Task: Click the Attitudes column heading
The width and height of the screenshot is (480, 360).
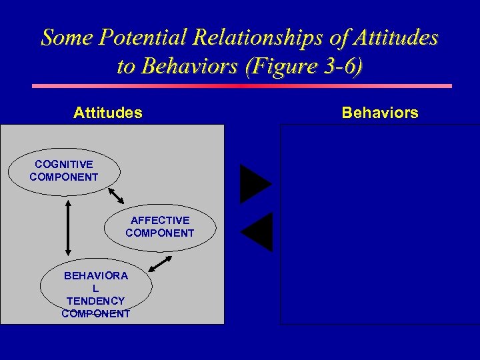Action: (107, 113)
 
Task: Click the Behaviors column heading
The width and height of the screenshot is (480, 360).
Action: (380, 113)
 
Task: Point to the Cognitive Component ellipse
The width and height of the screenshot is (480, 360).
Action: (64, 171)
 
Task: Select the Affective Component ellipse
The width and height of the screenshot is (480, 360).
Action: (160, 227)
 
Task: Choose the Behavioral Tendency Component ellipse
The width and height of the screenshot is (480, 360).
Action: (96, 289)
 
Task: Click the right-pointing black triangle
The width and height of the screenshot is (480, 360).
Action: (255, 184)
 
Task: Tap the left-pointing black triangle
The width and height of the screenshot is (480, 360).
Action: (258, 231)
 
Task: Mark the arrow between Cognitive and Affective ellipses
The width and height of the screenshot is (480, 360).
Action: (117, 195)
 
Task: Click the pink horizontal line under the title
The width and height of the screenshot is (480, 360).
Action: (242, 86)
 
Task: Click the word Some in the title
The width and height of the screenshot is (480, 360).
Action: (65, 37)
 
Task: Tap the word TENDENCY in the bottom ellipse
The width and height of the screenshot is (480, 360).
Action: (95, 301)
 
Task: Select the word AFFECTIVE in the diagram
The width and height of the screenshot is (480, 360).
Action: (160, 220)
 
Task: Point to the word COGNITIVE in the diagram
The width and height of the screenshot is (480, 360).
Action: (64, 164)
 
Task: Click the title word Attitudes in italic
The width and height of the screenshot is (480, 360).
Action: (397, 37)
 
